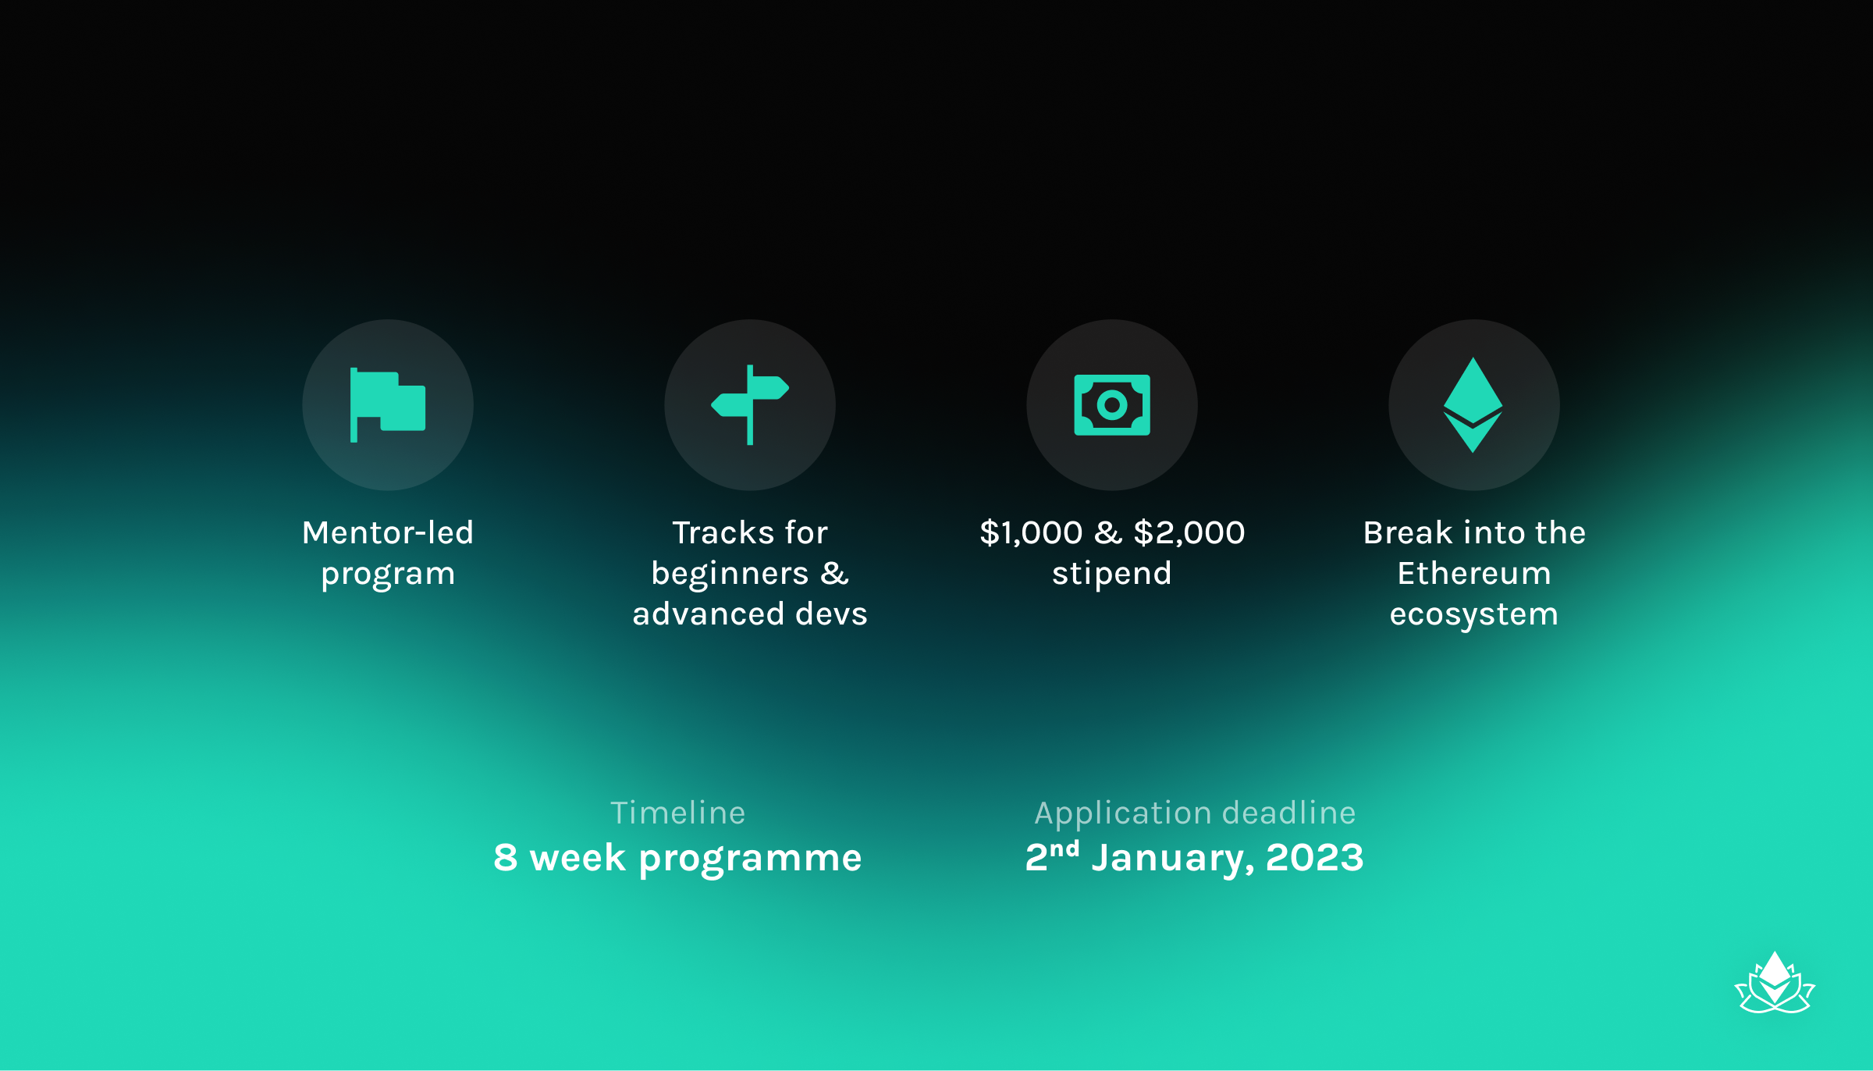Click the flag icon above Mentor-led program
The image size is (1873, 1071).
pos(388,404)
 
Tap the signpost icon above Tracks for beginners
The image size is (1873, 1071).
pos(750,404)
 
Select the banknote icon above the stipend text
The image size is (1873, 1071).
pos(1112,405)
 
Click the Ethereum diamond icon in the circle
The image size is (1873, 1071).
pos(1473,405)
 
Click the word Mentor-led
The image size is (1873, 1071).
pos(388,532)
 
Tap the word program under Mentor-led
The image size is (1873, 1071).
pos(388,575)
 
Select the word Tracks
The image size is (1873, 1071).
pos(723,532)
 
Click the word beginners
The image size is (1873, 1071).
pos(730,574)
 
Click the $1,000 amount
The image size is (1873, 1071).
pos(1031,532)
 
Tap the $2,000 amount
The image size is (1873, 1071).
pos(1189,532)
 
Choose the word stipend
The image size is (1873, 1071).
pos(1112,575)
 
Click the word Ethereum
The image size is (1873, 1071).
pos(1474,574)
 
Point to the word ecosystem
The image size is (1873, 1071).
pos(1474,615)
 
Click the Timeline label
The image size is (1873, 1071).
pos(678,813)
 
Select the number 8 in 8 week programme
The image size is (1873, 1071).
pos(506,858)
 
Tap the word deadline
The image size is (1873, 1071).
pos(1288,813)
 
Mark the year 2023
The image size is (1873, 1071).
pos(1315,858)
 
